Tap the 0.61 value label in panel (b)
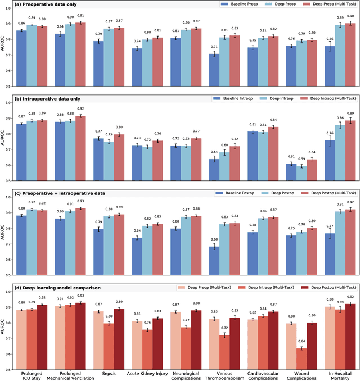tap(290, 157)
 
